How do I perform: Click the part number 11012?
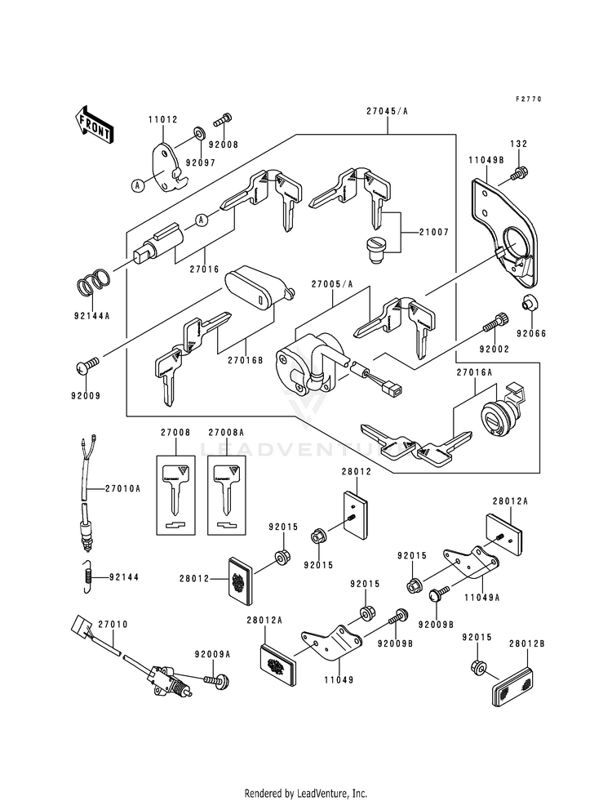coord(163,119)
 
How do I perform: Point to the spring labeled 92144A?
coord(93,283)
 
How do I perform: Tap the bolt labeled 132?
coord(520,173)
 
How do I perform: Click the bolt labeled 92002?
coord(494,322)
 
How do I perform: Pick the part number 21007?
coord(434,232)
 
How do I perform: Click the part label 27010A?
coord(122,488)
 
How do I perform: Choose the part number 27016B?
coord(245,359)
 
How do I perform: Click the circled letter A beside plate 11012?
coord(137,186)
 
